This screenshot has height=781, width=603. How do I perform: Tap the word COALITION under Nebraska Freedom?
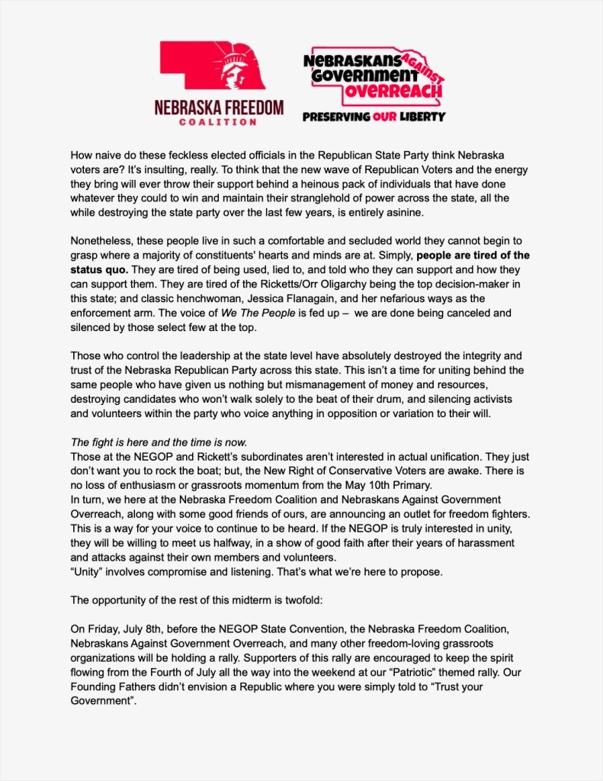219,121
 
